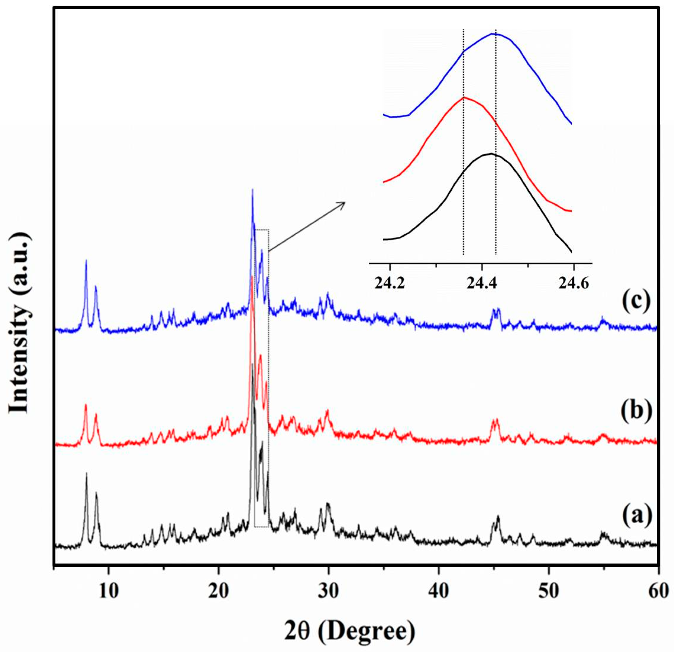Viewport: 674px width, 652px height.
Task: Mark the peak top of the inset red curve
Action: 464,97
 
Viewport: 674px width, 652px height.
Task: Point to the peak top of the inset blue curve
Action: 494,34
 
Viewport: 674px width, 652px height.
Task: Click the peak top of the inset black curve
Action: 491,154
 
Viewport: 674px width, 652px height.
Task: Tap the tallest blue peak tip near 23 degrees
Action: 253,189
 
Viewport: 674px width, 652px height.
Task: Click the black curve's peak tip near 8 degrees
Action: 86,473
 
